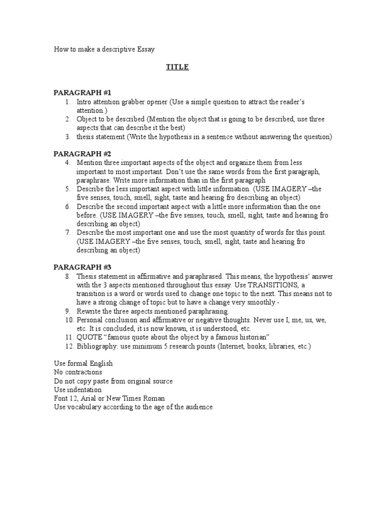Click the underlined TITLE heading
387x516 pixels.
pyautogui.click(x=177, y=67)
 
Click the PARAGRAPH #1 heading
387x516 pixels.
pyautogui.click(x=82, y=93)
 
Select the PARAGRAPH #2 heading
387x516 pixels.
pyautogui.click(x=82, y=154)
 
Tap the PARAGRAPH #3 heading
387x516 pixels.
pyautogui.click(x=82, y=268)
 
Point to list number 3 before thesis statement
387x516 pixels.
pyautogui.click(x=67, y=137)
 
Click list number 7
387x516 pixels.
pyautogui.click(x=67, y=232)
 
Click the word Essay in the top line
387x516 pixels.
pyautogui.click(x=145, y=49)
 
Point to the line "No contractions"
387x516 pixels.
pyautogui.click(x=78, y=372)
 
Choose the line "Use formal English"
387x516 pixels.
pyautogui.click(x=83, y=363)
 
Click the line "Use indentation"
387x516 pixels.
pyautogui.click(x=78, y=390)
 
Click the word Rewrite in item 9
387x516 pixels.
pyautogui.click(x=89, y=311)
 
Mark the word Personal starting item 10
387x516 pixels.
pyautogui.click(x=90, y=320)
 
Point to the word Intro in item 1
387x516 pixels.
pyautogui.click(x=85, y=102)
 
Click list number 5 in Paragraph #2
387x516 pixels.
pyautogui.click(x=67, y=189)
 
